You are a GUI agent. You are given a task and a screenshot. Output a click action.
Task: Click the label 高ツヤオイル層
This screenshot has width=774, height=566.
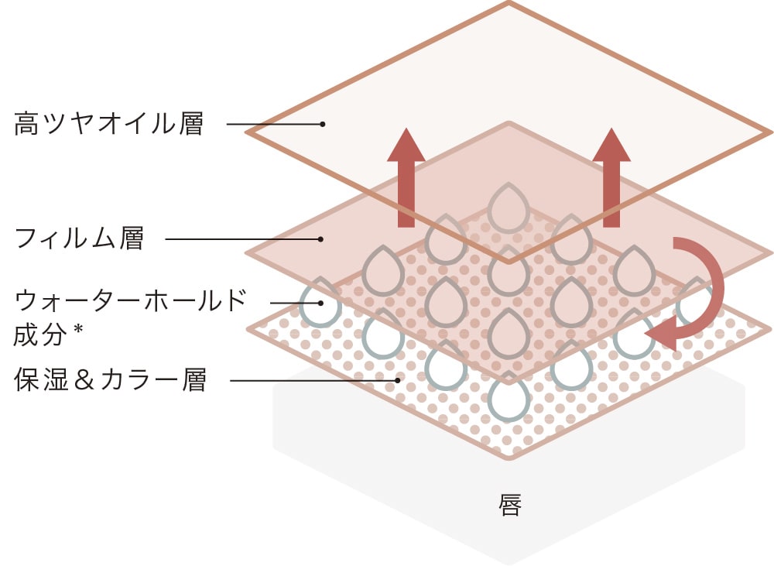(109, 124)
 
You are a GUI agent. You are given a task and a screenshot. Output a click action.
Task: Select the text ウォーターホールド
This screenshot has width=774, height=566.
(131, 300)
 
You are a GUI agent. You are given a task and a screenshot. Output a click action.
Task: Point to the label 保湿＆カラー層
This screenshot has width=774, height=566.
(111, 381)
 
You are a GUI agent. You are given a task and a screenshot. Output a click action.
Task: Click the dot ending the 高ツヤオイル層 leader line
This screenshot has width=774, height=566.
(323, 124)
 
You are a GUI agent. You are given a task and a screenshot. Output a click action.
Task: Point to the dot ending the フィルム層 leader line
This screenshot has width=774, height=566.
(320, 239)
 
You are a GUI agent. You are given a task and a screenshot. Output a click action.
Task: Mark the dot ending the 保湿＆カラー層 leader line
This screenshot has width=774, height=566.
(398, 380)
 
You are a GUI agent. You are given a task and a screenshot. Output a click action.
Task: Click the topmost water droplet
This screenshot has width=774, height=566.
(509, 208)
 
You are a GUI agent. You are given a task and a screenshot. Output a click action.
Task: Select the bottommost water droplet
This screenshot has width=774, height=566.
(509, 397)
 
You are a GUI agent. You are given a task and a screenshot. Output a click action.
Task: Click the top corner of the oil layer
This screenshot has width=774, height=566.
(509, 4)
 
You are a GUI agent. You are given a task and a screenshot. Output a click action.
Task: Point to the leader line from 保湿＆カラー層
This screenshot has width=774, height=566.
(310, 380)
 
